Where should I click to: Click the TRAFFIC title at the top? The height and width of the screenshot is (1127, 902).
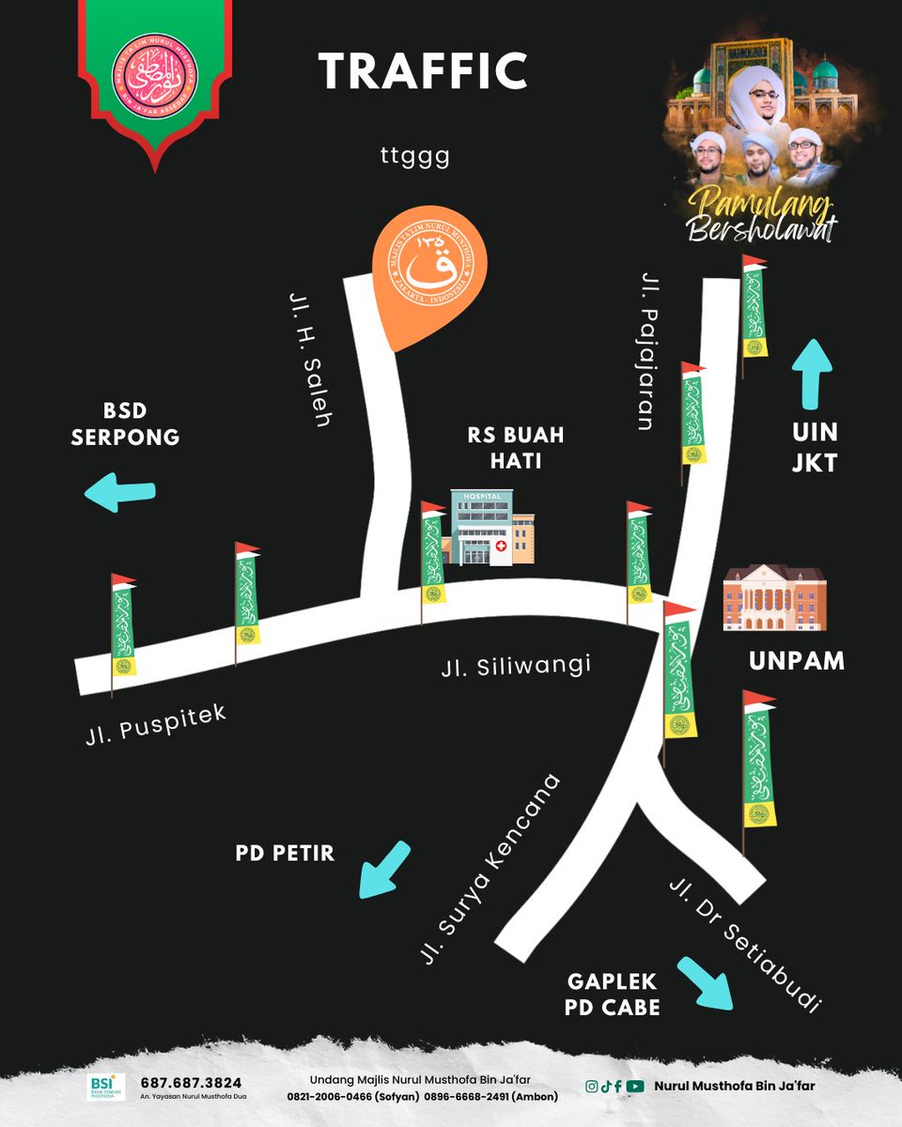pyautogui.click(x=423, y=71)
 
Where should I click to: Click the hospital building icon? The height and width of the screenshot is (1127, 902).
pyautogui.click(x=489, y=528)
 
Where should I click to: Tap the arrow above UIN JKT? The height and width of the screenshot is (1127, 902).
pyautogui.click(x=812, y=373)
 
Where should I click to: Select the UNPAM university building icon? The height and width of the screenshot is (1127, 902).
pyautogui.click(x=774, y=597)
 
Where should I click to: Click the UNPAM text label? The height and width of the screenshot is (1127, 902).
pyautogui.click(x=797, y=661)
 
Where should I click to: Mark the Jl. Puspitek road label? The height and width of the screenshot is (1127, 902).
pyautogui.click(x=154, y=725)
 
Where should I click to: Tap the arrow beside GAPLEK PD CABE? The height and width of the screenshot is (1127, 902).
pyautogui.click(x=706, y=982)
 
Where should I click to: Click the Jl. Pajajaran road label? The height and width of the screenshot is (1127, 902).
pyautogui.click(x=647, y=351)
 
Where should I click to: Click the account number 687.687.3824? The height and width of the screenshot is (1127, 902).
pyautogui.click(x=191, y=1082)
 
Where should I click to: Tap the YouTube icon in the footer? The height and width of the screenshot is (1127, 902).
pyautogui.click(x=635, y=1086)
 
